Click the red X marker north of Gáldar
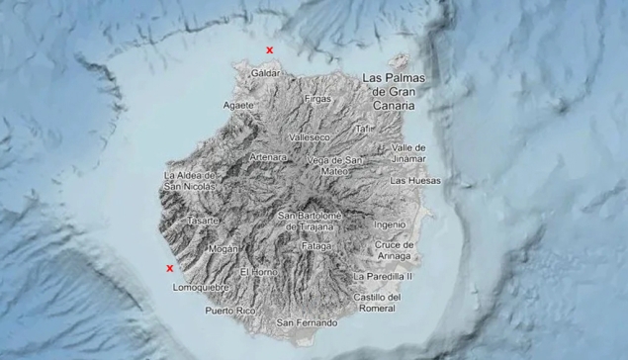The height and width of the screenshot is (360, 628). [x=269, y=49]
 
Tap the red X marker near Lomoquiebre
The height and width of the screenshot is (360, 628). [x=170, y=267]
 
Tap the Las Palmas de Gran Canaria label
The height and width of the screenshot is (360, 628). [x=391, y=91]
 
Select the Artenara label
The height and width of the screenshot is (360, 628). [x=268, y=157]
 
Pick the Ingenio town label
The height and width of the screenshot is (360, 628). [x=390, y=225]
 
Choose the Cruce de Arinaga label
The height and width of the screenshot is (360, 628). [x=394, y=250]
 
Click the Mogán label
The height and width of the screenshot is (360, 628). [x=224, y=249]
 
